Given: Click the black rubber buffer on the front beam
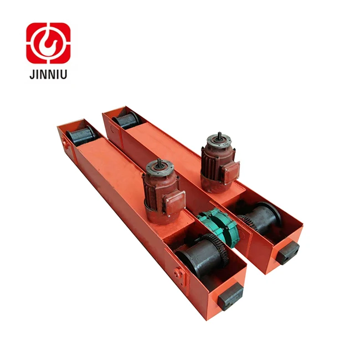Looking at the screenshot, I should [229, 296].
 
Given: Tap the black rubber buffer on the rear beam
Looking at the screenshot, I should [288, 252].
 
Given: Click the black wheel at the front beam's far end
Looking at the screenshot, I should [80, 136].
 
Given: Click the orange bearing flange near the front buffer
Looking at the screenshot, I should [179, 274].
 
